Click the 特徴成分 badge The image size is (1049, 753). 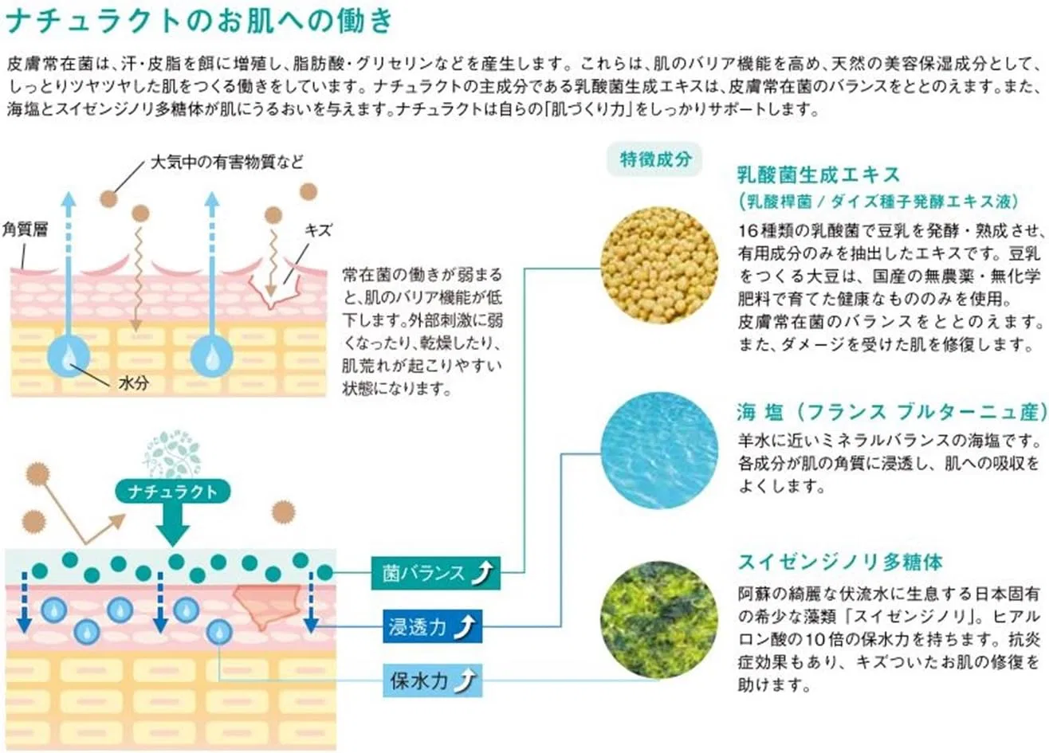(654, 159)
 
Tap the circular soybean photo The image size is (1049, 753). (659, 265)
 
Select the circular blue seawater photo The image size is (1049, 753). (659, 449)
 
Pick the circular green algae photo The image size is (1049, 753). (659, 620)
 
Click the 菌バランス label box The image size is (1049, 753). (436, 573)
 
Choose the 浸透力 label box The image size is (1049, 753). (432, 626)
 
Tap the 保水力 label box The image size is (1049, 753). (432, 680)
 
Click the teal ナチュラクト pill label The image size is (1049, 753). (173, 492)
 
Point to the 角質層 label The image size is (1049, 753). (25, 229)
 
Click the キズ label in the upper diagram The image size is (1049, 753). (318, 230)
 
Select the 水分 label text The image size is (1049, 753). (134, 383)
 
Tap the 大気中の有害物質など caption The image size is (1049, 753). (226, 163)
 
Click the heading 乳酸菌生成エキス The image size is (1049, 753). (818, 175)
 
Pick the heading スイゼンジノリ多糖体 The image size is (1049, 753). (839, 562)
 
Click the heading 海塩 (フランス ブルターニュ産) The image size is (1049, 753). (892, 412)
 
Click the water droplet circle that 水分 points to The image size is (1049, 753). (69, 356)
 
